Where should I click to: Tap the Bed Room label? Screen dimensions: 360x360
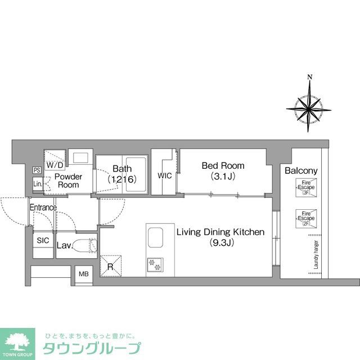coord(223,170)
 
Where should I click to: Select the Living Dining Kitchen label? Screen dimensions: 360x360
coord(219,237)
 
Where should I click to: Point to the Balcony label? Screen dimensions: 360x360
coord(301,171)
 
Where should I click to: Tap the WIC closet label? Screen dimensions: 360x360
coord(164,175)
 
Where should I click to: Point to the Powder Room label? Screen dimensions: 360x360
coord(68,181)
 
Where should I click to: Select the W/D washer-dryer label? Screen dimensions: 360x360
coord(55,165)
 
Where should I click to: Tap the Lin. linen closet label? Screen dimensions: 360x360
coord(38,183)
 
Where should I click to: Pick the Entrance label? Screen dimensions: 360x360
coord(43,208)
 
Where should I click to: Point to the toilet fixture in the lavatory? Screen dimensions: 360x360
coord(86,245)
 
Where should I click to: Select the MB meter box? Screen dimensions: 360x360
coord(83,274)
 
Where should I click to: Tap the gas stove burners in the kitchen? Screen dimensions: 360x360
coord(154,263)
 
